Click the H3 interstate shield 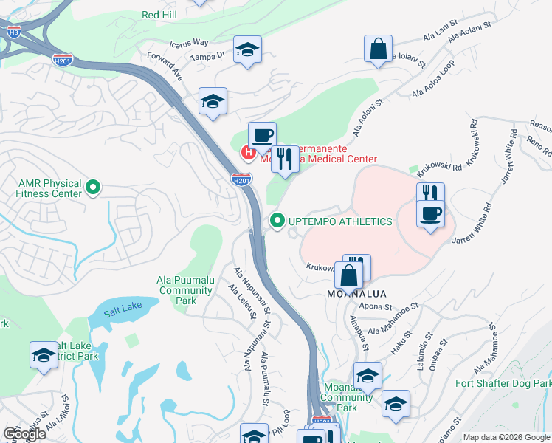coord(13,32)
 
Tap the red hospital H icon coord(249,153)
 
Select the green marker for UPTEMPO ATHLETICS coord(277,221)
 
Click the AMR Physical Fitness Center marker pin coord(92,188)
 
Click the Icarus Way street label coord(189,44)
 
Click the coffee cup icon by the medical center coord(262,135)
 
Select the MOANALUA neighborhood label coord(356,294)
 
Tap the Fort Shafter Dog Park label coord(503,383)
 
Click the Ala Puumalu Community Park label coord(185,290)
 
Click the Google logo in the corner coord(25,434)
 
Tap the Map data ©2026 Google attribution coord(506,437)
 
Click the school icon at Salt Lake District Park coord(44,355)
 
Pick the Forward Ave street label coord(165,66)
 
